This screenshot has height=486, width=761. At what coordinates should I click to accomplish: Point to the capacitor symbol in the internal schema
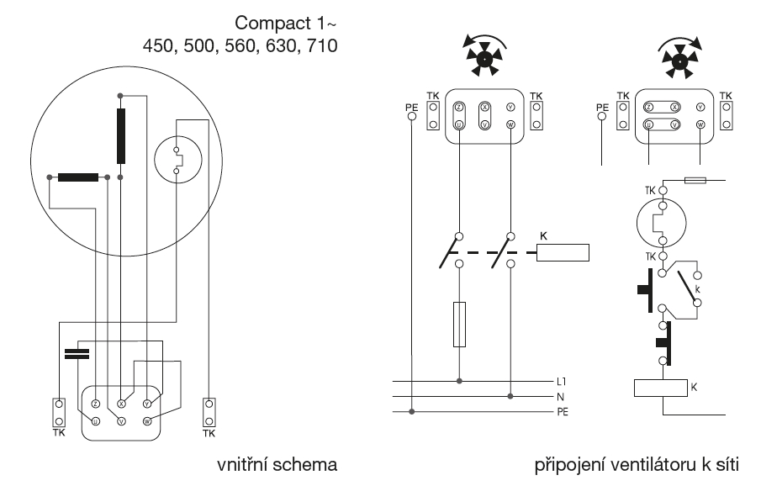(76, 351)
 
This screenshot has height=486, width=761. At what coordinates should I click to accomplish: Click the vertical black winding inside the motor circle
(122, 136)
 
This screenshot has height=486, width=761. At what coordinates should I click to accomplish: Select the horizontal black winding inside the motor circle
(78, 177)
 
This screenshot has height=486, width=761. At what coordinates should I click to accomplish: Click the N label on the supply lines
(561, 396)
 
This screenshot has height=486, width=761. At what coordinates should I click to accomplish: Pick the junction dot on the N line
(510, 396)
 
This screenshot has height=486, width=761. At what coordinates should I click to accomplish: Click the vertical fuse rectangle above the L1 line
(460, 324)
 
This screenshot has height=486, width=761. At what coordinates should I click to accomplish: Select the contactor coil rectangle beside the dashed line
(563, 252)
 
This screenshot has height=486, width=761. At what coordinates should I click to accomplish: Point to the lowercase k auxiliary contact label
(696, 288)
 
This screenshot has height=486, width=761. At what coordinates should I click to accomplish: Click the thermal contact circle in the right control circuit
(663, 224)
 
